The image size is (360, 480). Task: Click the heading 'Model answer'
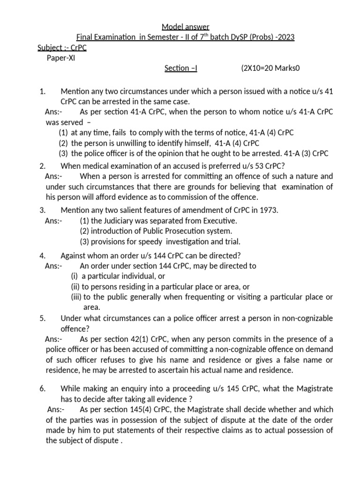(x=186, y=27)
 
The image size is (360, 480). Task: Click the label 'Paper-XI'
(x=61, y=58)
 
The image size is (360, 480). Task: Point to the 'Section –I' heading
(x=181, y=68)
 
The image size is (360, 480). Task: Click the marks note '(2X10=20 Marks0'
(x=270, y=68)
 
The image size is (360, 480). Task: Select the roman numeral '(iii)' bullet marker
(x=76, y=297)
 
